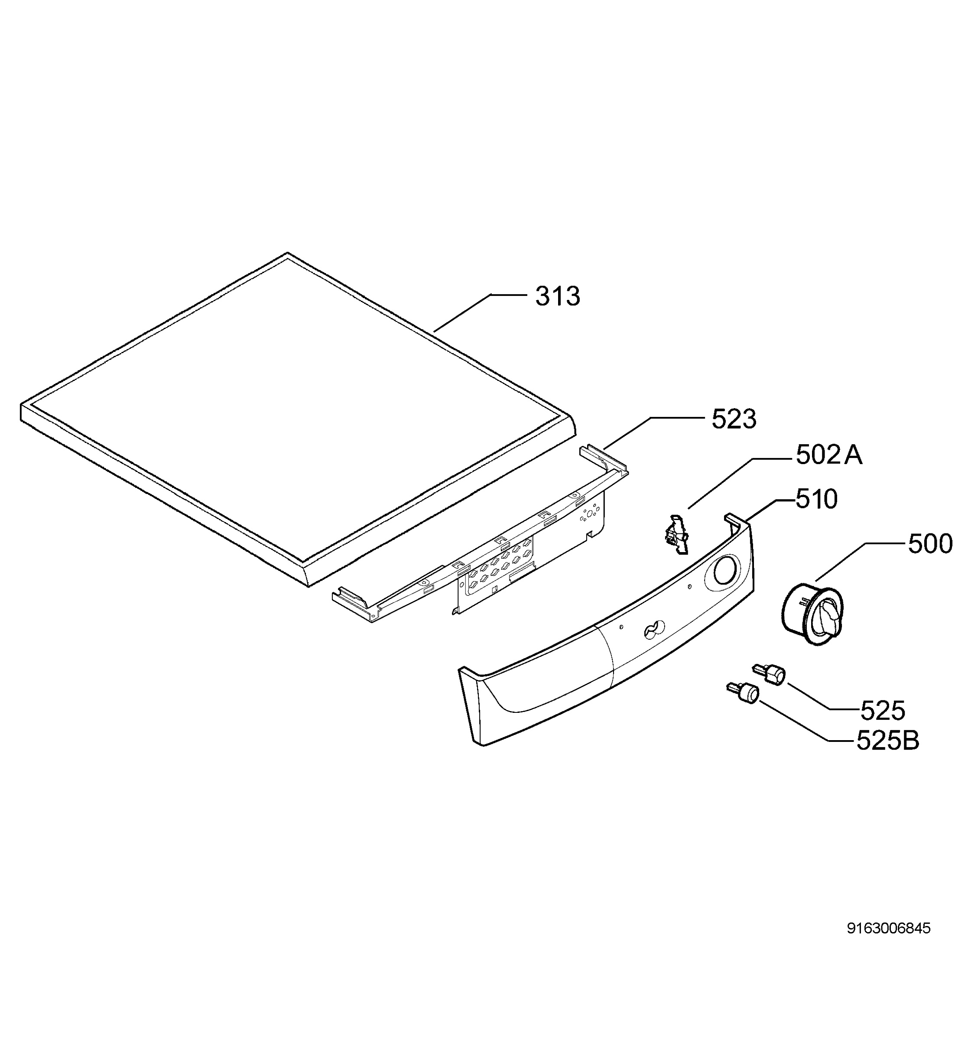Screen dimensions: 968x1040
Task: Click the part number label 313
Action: pyautogui.click(x=557, y=297)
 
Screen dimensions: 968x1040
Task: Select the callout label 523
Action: pyautogui.click(x=734, y=419)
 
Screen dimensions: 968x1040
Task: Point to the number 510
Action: pyautogui.click(x=816, y=500)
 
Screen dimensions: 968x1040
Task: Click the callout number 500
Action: pyautogui.click(x=930, y=544)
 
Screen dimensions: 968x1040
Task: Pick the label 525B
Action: pyautogui.click(x=887, y=741)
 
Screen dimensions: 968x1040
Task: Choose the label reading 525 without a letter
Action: pyautogui.click(x=883, y=710)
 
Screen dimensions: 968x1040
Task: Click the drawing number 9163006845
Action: pyautogui.click(x=888, y=929)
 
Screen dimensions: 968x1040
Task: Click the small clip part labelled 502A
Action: pyautogui.click(x=676, y=533)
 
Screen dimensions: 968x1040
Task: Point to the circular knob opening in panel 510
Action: pyautogui.click(x=723, y=570)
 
